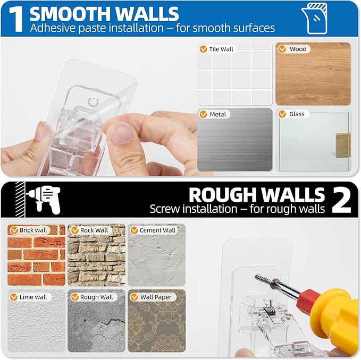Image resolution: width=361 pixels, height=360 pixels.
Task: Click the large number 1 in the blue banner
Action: pyautogui.click(x=16, y=20)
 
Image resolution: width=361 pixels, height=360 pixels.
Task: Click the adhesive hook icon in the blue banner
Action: pyautogui.click(x=315, y=19)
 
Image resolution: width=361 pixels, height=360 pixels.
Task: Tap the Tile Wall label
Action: pyautogui.click(x=216, y=49)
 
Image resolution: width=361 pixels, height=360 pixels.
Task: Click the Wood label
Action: pyautogui.click(x=293, y=49)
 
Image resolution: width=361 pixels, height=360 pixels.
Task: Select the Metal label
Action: pyautogui.click(x=214, y=114)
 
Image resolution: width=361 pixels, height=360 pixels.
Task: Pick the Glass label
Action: pyautogui.click(x=292, y=114)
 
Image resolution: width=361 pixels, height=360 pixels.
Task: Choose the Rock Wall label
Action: pyautogui.click(x=90, y=230)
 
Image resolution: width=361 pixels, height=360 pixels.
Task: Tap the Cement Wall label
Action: pyautogui.click(x=154, y=230)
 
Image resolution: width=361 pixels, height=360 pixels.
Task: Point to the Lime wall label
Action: pyautogui.click(x=30, y=297)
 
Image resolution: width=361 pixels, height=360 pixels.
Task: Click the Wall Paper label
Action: pyautogui.click(x=152, y=297)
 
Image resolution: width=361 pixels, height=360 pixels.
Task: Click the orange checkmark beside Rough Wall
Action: pyautogui.click(x=74, y=297)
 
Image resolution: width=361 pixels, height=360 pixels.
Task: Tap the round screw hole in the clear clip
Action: pyautogui.click(x=93, y=101)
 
